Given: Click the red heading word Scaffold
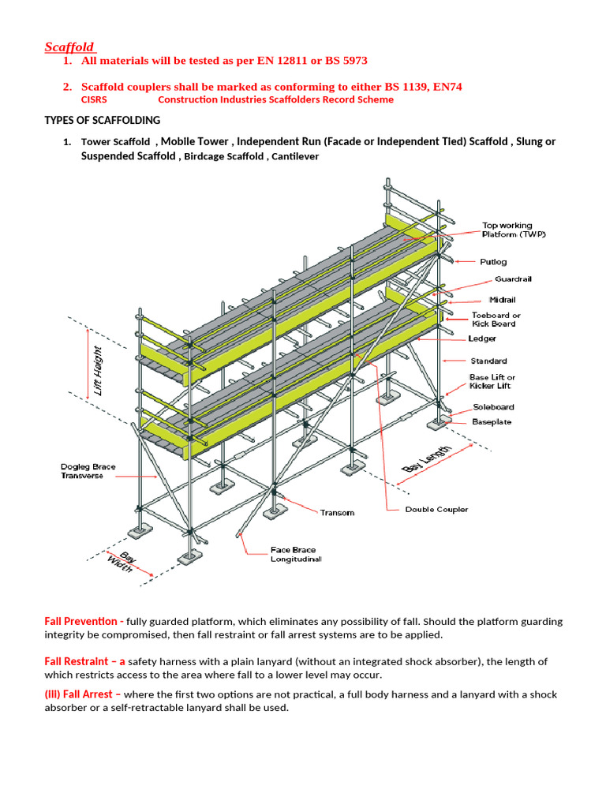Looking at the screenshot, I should pyautogui.click(x=69, y=47).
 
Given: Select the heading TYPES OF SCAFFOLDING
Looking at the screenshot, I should pyautogui.click(x=101, y=120).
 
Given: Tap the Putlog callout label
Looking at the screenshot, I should pyautogui.click(x=493, y=261).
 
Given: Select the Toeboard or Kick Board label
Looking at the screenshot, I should pyautogui.click(x=495, y=320).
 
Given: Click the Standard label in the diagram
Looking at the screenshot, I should pyautogui.click(x=488, y=361).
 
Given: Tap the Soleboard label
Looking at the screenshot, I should pyautogui.click(x=493, y=407).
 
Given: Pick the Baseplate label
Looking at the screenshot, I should pyautogui.click(x=492, y=422).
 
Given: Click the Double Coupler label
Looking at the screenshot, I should pyautogui.click(x=436, y=510).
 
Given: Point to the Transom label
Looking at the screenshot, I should pyautogui.click(x=337, y=513).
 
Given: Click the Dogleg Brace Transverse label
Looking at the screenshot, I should pyautogui.click(x=88, y=471).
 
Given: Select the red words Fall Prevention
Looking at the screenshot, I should pyautogui.click(x=80, y=621).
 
